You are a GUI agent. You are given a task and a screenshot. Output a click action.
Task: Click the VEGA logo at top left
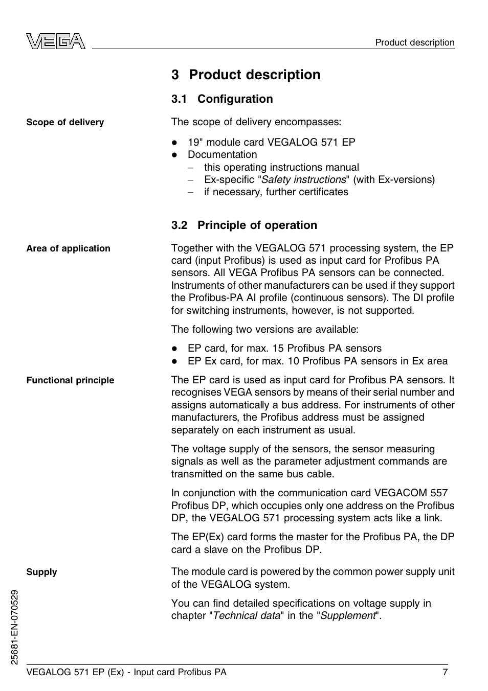[x=56, y=41]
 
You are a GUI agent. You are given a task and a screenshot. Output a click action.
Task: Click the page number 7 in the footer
[x=445, y=672]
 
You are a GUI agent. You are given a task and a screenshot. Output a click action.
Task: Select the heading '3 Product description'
[x=246, y=75]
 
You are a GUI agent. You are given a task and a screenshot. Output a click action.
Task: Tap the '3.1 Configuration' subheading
[x=222, y=99]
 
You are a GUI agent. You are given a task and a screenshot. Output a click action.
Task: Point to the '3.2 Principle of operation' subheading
[x=244, y=225]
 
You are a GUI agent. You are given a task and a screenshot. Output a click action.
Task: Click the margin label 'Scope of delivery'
[x=65, y=122]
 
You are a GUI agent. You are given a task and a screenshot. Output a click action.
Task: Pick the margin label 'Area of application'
[x=68, y=248]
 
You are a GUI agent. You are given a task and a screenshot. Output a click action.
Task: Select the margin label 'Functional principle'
[x=70, y=380]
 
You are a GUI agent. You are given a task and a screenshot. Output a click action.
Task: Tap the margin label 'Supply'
[x=41, y=572]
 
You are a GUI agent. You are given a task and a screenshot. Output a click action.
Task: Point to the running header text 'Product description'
[x=414, y=42]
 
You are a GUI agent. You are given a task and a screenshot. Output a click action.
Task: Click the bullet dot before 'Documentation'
[x=174, y=155]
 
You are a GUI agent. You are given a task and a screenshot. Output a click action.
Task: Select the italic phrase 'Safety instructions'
[x=303, y=180]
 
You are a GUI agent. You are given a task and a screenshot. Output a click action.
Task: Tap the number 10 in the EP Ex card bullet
[x=293, y=361]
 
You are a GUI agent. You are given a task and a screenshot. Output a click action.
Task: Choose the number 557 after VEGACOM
[x=439, y=493]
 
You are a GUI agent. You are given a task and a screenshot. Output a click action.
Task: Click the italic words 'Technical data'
[x=247, y=616]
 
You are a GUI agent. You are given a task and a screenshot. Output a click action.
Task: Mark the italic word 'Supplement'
[x=348, y=616]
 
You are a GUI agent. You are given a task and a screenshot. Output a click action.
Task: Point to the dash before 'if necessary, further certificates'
[x=191, y=193]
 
